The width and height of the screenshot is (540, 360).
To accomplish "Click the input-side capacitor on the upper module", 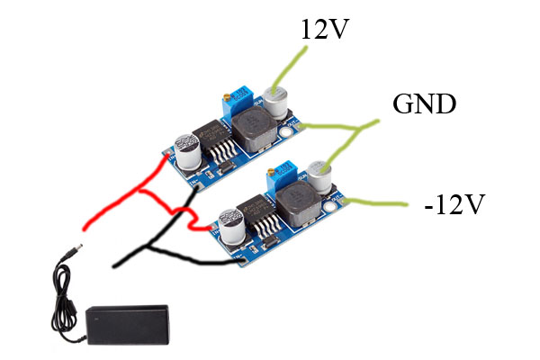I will pyautogui.click(x=189, y=153).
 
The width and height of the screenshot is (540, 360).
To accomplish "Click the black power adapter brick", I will pyautogui.click(x=127, y=323).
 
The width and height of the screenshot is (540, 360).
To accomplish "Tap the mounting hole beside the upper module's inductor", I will pyautogui.click(x=286, y=133).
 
